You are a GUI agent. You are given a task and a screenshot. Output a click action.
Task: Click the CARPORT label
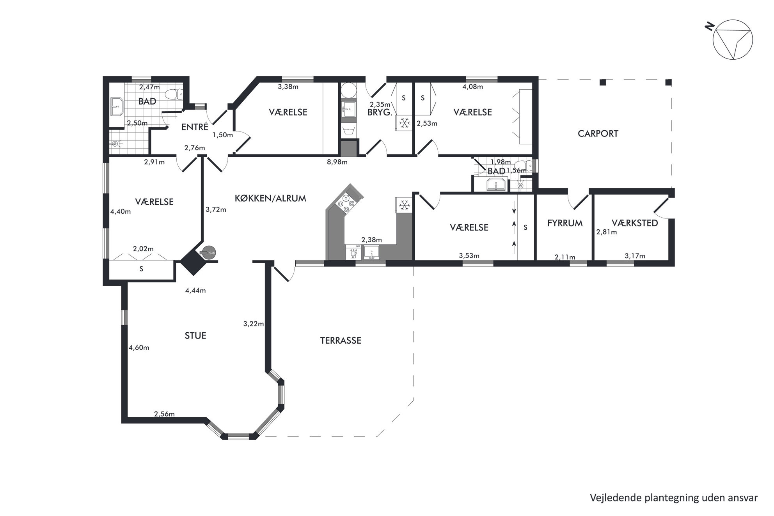point(598,134)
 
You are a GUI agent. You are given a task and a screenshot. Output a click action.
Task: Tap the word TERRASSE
point(341,340)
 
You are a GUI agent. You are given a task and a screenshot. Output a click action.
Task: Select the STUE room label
point(195,336)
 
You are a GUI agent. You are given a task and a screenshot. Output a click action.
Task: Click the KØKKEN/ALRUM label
point(270,198)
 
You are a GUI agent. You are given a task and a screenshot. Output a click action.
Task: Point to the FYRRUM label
point(565,223)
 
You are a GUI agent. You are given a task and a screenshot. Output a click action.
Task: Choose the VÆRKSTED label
point(635,223)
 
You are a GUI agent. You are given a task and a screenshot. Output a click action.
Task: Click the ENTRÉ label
point(195,127)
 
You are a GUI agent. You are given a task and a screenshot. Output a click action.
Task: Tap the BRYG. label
point(380,112)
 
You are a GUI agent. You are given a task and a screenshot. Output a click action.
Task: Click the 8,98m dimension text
point(337,162)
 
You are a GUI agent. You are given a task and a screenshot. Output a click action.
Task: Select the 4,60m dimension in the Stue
point(139,348)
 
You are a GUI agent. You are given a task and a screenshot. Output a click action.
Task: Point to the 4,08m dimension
point(473,87)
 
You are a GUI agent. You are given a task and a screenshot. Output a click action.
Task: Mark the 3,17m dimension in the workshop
point(635,256)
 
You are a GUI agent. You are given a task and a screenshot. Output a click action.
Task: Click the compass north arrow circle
point(733,40)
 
